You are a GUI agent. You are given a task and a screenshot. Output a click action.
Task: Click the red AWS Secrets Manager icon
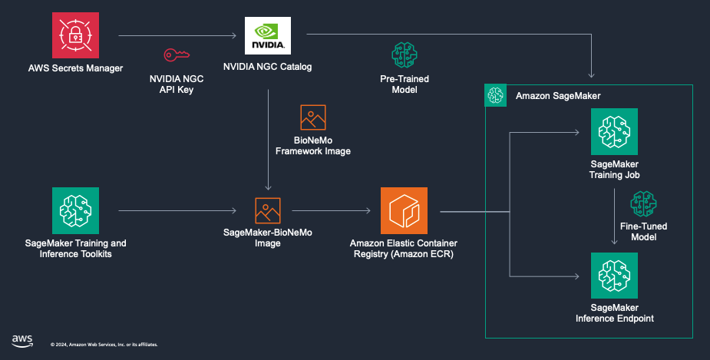[75, 35]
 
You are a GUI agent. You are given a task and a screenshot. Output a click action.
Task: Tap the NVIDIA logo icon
[267, 35]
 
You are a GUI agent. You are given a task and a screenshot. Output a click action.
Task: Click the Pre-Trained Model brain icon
[404, 55]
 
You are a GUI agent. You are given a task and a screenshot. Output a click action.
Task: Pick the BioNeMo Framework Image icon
[312, 117]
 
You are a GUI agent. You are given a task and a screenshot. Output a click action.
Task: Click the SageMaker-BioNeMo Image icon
[267, 210]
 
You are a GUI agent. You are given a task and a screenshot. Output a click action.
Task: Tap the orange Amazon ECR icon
[404, 210]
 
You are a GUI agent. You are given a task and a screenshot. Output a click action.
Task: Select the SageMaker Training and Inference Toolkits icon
[75, 210]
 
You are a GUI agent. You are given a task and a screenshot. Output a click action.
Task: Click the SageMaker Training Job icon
[614, 132]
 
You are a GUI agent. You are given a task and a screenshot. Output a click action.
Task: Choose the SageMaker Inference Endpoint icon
[614, 275]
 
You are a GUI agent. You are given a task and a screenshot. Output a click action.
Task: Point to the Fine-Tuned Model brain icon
[642, 204]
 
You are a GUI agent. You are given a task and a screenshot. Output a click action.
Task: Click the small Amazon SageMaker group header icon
[495, 95]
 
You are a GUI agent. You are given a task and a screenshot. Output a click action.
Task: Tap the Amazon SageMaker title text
[558, 96]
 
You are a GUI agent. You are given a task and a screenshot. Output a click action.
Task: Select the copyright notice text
[104, 345]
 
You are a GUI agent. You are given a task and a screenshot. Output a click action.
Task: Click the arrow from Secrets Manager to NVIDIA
[177, 35]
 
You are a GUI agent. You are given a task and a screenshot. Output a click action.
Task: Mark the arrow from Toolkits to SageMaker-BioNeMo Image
[177, 210]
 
